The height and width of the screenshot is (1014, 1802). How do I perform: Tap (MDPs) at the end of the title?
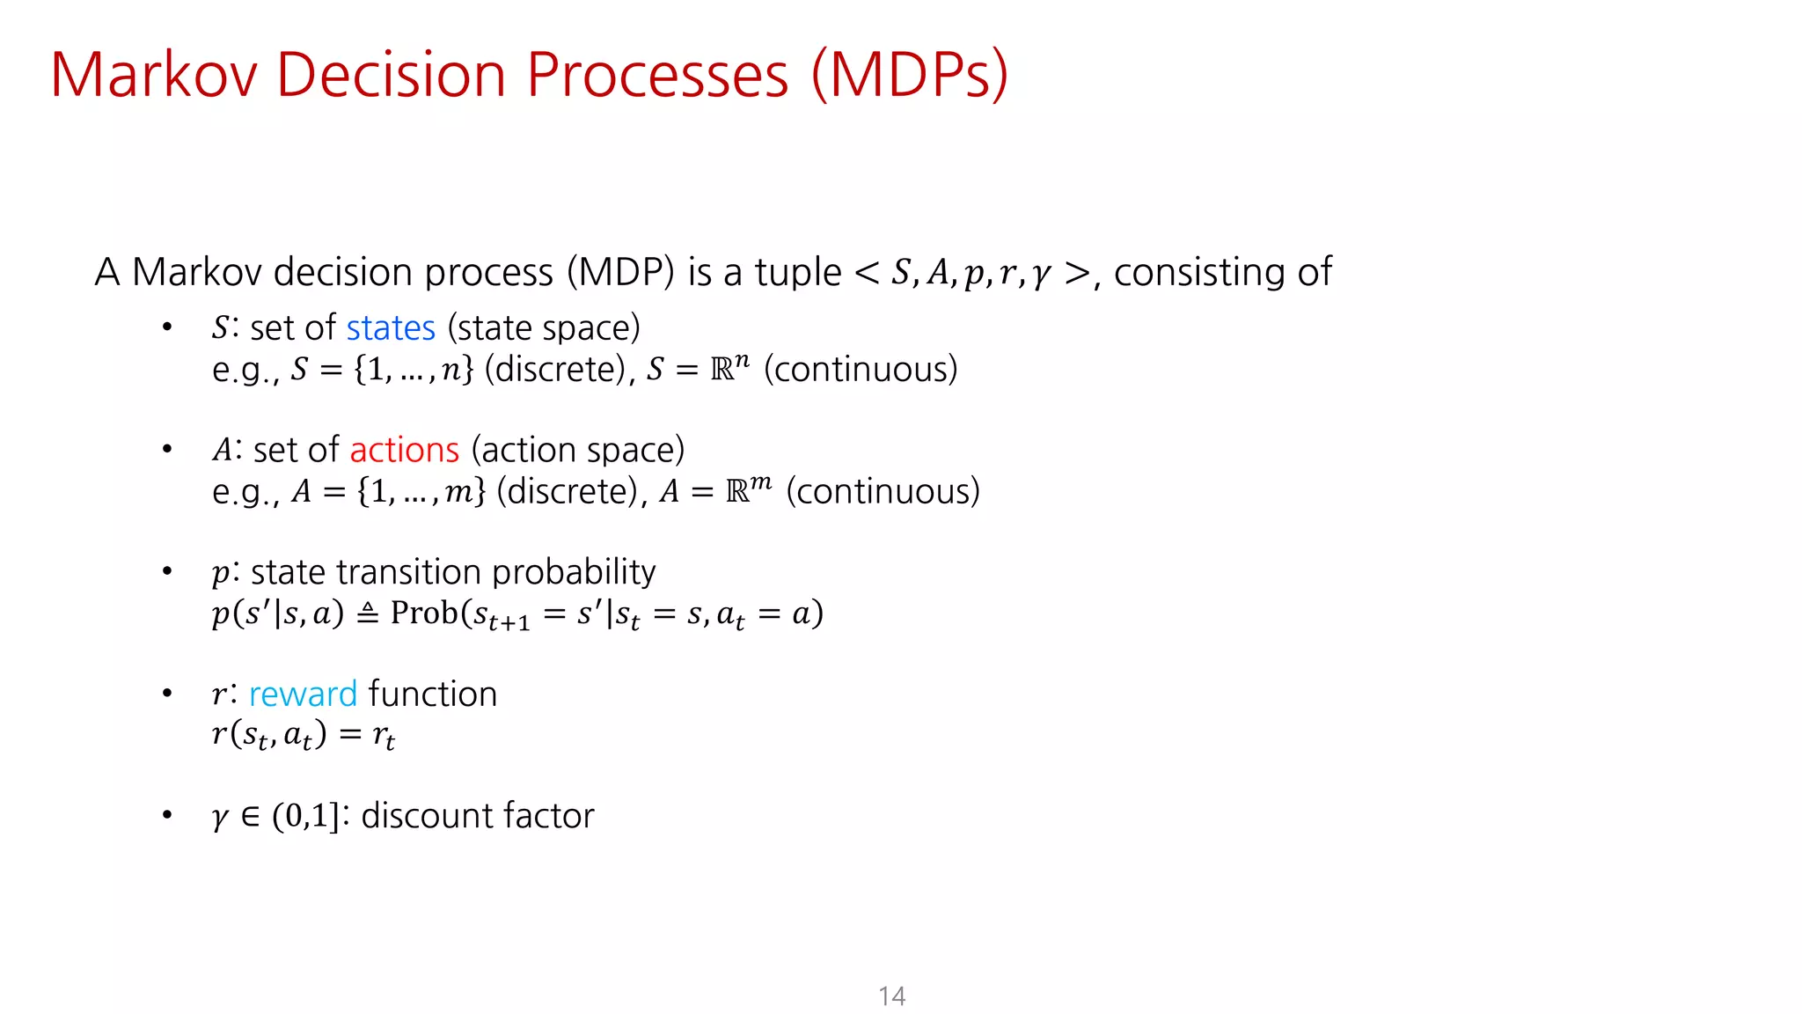point(910,75)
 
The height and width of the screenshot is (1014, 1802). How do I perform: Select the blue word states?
point(391,328)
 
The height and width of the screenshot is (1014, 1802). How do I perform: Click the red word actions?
point(404,451)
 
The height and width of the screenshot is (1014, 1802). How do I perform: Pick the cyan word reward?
point(303,694)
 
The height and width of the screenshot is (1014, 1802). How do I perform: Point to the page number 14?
point(891,996)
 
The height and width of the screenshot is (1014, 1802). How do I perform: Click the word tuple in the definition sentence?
point(798,272)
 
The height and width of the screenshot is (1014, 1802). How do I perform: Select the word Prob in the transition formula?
point(424,613)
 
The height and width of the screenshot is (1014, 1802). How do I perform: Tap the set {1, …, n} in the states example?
point(414,370)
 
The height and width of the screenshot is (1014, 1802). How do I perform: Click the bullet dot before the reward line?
point(167,694)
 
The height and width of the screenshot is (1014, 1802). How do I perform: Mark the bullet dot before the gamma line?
point(167,815)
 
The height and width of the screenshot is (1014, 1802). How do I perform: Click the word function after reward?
point(433,694)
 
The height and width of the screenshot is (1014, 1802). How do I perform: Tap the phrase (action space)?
point(578,451)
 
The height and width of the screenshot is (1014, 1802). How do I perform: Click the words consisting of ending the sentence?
point(1222,272)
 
